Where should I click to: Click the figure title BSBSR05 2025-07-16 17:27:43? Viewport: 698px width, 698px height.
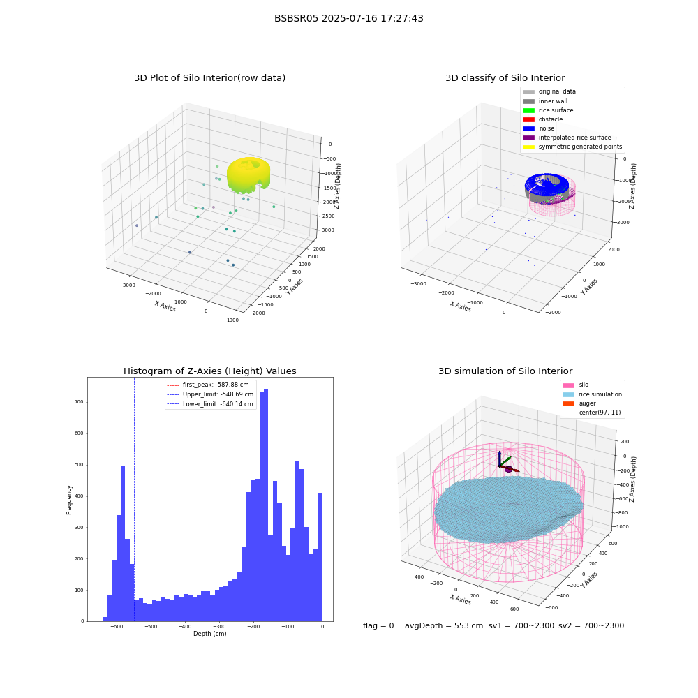348,19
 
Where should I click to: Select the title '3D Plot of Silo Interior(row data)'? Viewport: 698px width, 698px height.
209,78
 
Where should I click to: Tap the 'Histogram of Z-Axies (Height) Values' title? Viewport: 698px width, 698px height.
209,371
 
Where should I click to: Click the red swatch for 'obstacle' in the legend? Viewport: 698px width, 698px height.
528,119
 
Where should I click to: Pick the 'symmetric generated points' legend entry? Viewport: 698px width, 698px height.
572,147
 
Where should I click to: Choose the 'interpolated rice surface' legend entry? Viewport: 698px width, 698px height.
567,138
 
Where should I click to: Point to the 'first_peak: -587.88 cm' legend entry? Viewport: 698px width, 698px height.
208,385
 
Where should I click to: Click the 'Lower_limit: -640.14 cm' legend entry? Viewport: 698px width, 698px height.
210,404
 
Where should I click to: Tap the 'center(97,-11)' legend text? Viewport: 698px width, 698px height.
600,413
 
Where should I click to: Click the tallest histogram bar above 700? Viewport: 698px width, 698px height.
266,505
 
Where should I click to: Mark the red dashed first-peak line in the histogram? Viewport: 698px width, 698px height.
121,499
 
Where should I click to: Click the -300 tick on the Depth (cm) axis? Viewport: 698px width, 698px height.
219,626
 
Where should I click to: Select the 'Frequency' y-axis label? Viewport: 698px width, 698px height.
69,500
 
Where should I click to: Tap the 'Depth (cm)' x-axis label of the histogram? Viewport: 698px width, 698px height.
209,634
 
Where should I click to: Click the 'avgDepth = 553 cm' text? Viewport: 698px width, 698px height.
444,625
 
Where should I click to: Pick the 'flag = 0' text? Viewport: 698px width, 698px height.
378,625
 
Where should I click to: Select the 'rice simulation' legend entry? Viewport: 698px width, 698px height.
592,394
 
